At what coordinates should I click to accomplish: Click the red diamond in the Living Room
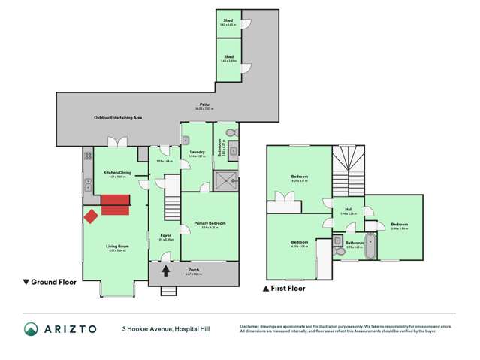[91, 216]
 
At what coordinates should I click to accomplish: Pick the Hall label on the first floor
[349, 210]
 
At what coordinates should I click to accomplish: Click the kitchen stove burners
[88, 156]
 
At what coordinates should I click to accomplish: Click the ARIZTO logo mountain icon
[32, 329]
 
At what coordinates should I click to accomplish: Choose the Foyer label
[165, 234]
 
